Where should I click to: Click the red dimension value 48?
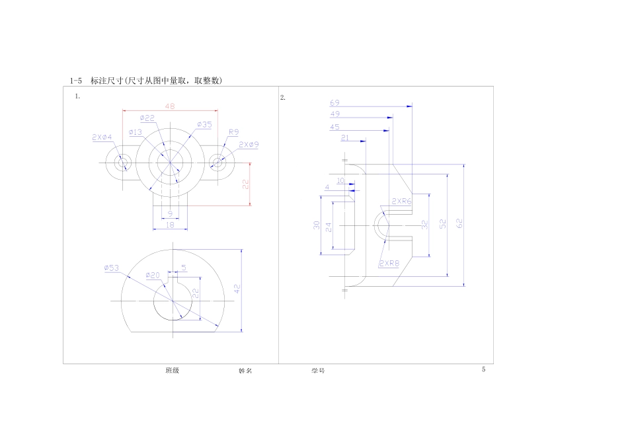pyautogui.click(x=170, y=106)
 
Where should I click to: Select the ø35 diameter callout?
pyautogui.click(x=204, y=124)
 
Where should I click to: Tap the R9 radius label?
pyautogui.click(x=233, y=132)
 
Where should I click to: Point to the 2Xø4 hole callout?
pyautogui.click(x=102, y=137)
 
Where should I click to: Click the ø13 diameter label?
pyautogui.click(x=135, y=132)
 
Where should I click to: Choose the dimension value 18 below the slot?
pyautogui.click(x=170, y=225)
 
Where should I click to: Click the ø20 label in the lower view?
pyautogui.click(x=153, y=275)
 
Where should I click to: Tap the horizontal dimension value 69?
pyautogui.click(x=334, y=103)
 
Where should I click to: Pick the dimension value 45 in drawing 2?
pyautogui.click(x=334, y=127)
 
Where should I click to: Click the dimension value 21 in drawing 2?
pyautogui.click(x=345, y=138)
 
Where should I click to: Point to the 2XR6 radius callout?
pyautogui.click(x=401, y=201)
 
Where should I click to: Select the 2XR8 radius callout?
pyautogui.click(x=389, y=263)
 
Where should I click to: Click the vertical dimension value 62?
pyautogui.click(x=459, y=223)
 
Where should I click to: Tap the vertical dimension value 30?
pyautogui.click(x=317, y=226)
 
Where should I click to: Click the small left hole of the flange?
pyautogui.click(x=122, y=163)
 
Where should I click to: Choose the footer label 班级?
pyautogui.click(x=172, y=371)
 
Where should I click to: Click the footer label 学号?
pyautogui.click(x=318, y=371)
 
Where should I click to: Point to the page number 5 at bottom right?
pyautogui.click(x=483, y=370)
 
